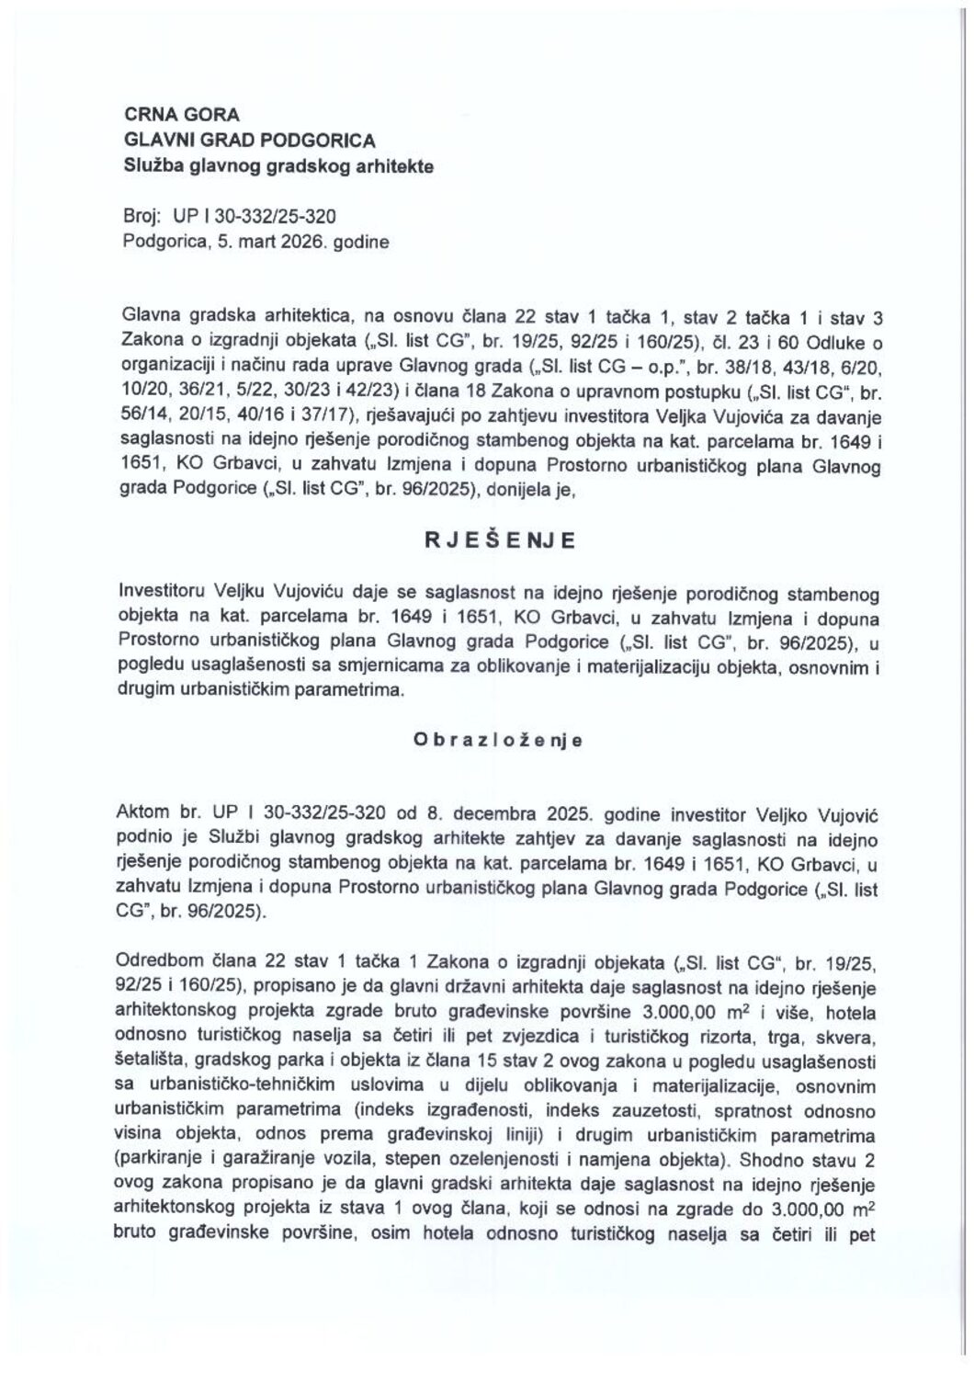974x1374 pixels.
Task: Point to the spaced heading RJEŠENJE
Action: pyautogui.click(x=499, y=540)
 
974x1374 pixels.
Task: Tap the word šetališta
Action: pyautogui.click(x=153, y=1062)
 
